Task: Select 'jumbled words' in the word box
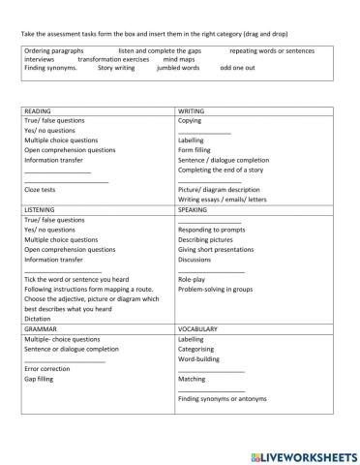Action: click(x=177, y=69)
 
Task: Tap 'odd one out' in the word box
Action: click(x=238, y=69)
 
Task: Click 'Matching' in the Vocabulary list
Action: click(x=192, y=380)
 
